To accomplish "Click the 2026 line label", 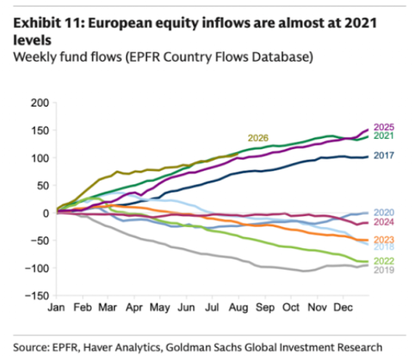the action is (258, 138).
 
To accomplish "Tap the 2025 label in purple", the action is (384, 127).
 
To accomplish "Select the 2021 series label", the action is (384, 136).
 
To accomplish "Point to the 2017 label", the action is (384, 155).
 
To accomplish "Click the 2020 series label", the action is (384, 212).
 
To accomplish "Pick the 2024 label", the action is (384, 222).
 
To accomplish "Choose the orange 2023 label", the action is (384, 240).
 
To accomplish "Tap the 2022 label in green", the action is (384, 261).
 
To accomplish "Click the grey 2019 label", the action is (384, 270).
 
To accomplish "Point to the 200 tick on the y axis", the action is (40, 103).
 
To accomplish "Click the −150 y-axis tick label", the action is (37, 296).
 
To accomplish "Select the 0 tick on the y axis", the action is (46, 213).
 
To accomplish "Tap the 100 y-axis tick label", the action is (40, 158).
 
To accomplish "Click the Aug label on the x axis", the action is (238, 308).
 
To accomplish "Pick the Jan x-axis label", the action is (56, 307).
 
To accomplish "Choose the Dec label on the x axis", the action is (343, 307).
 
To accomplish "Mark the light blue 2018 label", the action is (384, 247).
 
